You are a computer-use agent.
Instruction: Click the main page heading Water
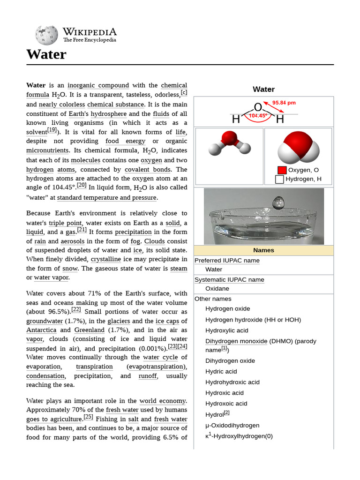46,54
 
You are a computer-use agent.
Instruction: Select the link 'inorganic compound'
98,85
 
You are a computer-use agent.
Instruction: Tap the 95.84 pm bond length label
284,103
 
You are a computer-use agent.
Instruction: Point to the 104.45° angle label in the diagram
258,116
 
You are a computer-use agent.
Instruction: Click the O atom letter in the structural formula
258,107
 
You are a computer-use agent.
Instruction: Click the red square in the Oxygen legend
282,170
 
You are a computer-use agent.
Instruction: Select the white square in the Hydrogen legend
279,179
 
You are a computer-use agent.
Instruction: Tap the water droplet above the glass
278,202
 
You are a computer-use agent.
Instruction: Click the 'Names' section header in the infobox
263,250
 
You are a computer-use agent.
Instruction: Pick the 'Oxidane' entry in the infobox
217,289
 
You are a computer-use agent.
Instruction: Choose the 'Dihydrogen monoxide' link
236,341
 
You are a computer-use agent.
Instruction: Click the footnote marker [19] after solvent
52,130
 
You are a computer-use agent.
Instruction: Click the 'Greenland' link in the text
89,330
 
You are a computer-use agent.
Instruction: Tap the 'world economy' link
163,401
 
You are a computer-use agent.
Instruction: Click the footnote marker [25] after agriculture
88,417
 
